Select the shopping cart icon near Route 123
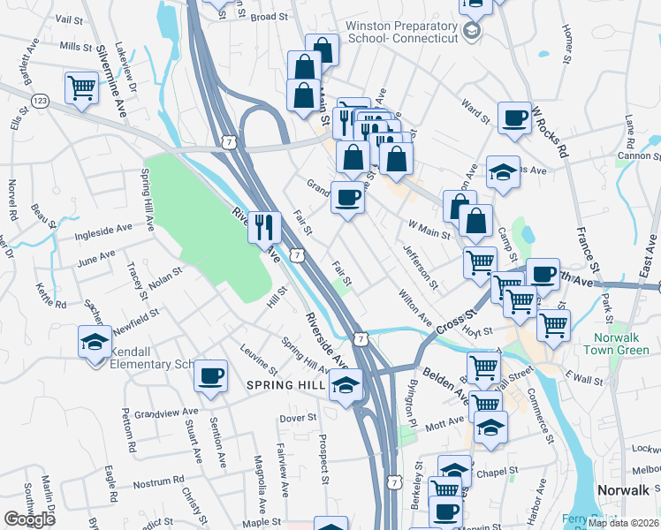pyautogui.click(x=80, y=87)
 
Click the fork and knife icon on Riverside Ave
pyautogui.click(x=264, y=227)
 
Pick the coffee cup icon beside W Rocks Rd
pyautogui.click(x=513, y=117)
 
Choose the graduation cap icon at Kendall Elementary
pyautogui.click(x=95, y=342)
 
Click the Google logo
pyautogui.click(x=29, y=519)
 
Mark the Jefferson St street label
pyautogui.click(x=421, y=266)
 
